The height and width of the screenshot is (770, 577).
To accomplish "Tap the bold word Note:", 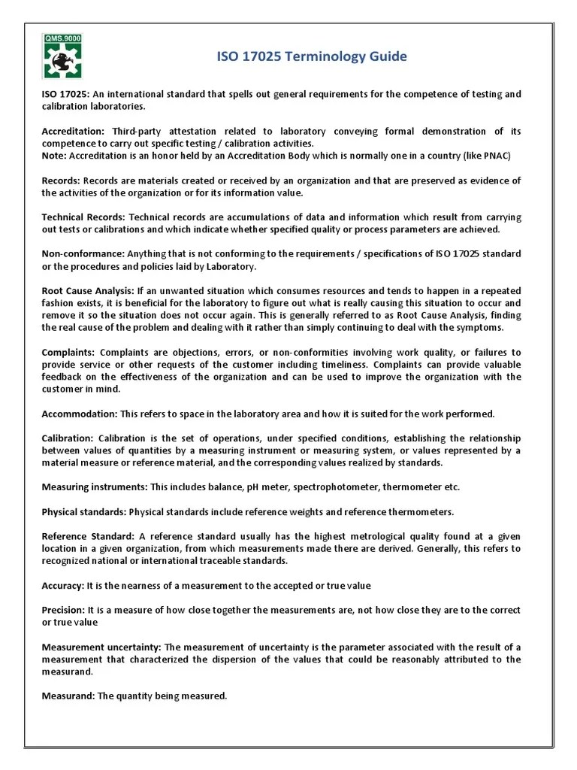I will click(54, 156).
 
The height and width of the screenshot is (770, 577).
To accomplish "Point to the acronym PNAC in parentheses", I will click(502, 156).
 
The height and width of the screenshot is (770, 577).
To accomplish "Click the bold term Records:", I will click(61, 180).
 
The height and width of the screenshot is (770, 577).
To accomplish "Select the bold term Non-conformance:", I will click(83, 254).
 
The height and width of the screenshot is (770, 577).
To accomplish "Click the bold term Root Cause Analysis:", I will click(87, 291).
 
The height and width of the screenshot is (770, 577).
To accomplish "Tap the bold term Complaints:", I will click(68, 353).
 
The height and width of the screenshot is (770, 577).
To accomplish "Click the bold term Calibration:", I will click(68, 438).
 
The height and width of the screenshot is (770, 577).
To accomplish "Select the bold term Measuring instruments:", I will click(94, 487).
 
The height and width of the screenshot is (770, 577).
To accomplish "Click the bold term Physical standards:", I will click(83, 512).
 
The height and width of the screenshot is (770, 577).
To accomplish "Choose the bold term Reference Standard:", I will click(88, 536).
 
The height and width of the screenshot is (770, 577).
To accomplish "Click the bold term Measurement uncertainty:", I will click(101, 647).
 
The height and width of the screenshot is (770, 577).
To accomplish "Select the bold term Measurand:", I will click(68, 696).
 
